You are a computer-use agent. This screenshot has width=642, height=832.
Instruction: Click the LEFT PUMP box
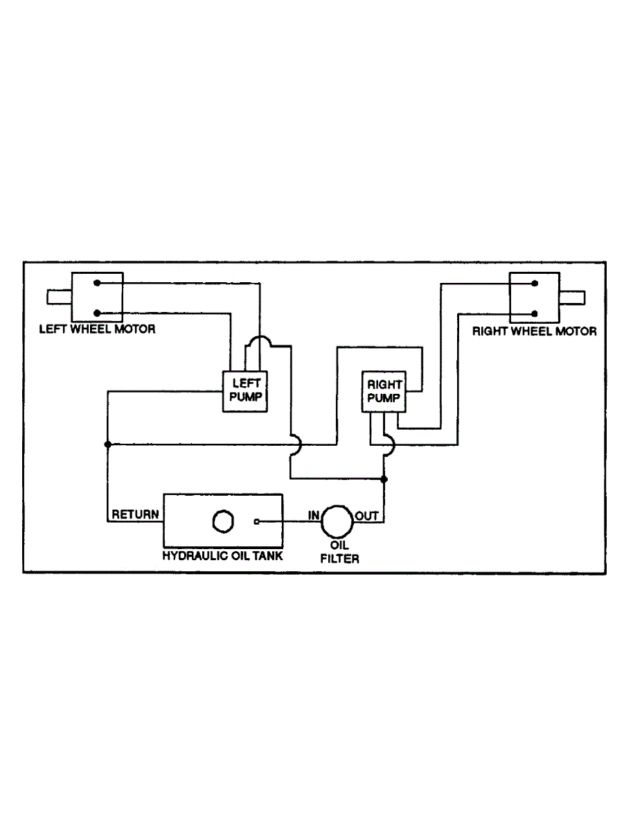pyautogui.click(x=244, y=391)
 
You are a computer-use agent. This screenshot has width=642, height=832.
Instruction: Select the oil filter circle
pyautogui.click(x=336, y=521)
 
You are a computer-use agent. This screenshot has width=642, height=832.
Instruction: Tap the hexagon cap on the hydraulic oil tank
pyautogui.click(x=222, y=521)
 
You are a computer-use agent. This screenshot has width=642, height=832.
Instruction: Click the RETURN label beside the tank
pyautogui.click(x=136, y=514)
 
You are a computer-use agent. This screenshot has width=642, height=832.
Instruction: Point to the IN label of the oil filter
pyautogui.click(x=313, y=515)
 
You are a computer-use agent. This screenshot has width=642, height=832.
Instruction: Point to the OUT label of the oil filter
pyautogui.click(x=366, y=515)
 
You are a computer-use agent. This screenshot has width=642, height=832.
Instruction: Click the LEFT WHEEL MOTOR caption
pyautogui.click(x=97, y=329)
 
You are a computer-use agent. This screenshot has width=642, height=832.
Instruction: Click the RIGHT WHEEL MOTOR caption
pyautogui.click(x=534, y=331)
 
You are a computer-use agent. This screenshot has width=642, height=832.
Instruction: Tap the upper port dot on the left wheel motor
pyautogui.click(x=98, y=283)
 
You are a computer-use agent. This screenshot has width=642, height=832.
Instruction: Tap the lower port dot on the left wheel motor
pyautogui.click(x=98, y=313)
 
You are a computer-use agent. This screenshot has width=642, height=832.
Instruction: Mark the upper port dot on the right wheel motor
pyautogui.click(x=534, y=283)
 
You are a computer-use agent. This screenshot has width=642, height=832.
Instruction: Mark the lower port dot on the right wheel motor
pyautogui.click(x=534, y=312)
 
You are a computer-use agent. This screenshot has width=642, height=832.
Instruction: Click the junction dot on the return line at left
pyautogui.click(x=107, y=444)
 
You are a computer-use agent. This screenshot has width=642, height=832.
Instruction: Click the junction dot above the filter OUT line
pyautogui.click(x=384, y=479)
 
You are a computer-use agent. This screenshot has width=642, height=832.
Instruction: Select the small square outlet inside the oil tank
pyautogui.click(x=256, y=521)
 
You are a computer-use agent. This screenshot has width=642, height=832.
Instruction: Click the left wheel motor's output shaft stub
pyautogui.click(x=60, y=297)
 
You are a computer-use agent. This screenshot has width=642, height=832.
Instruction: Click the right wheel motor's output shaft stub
pyautogui.click(x=572, y=297)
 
